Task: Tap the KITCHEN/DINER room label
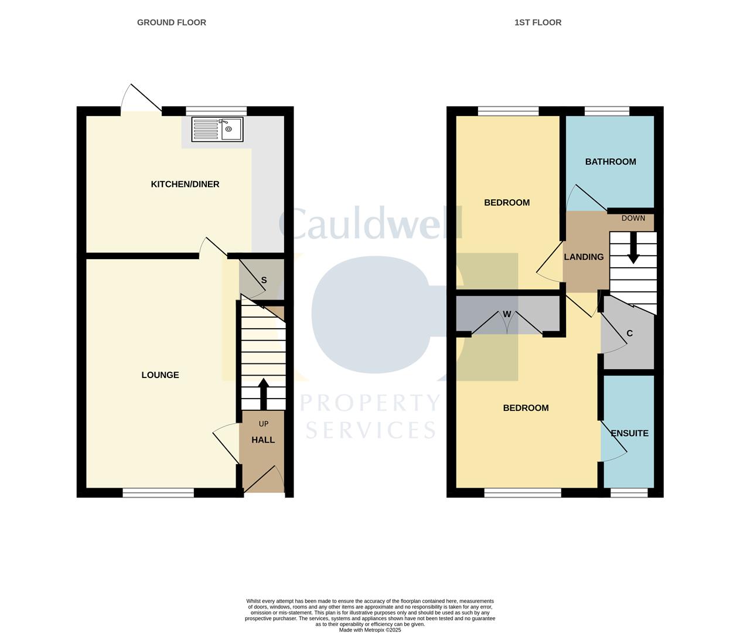click(x=185, y=184)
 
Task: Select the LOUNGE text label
click(x=160, y=375)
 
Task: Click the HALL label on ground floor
click(x=263, y=440)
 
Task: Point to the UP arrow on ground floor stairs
click(x=263, y=393)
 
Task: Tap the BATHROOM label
click(x=611, y=162)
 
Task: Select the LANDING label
click(x=584, y=257)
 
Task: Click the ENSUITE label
click(x=629, y=434)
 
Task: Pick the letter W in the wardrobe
click(x=507, y=314)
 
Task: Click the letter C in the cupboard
click(x=630, y=333)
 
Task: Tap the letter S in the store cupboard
click(x=264, y=280)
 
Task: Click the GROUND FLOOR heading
click(x=172, y=22)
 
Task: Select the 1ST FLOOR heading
click(x=538, y=22)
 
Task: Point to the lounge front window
click(x=158, y=493)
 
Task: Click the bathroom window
click(x=607, y=111)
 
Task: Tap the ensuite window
click(x=629, y=493)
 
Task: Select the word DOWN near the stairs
click(x=633, y=219)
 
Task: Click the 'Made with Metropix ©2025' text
click(x=370, y=630)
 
